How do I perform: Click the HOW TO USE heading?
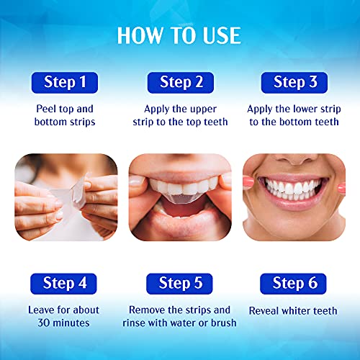coord(179,35)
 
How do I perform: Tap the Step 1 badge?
coord(64,82)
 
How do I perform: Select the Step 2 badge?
coord(179,82)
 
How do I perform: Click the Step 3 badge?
coord(294,82)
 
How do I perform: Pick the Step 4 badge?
coord(64,284)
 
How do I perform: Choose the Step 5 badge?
coord(179,284)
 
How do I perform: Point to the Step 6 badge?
coord(294,284)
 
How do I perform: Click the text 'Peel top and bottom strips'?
coord(64,115)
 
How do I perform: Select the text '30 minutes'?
coord(64,323)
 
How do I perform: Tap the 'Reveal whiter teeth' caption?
coord(294,310)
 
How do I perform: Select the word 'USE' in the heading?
coord(218,35)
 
